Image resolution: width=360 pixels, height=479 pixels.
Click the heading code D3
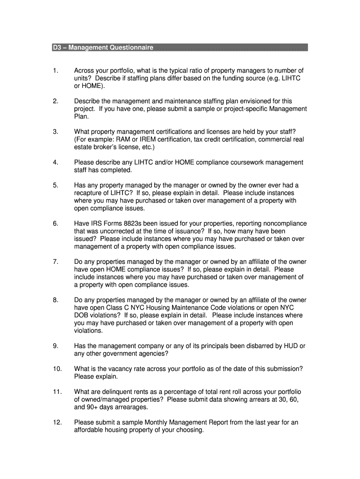click(57, 48)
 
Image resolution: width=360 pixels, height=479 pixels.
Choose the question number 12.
click(57, 422)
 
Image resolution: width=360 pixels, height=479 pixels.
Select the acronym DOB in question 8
click(81, 315)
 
